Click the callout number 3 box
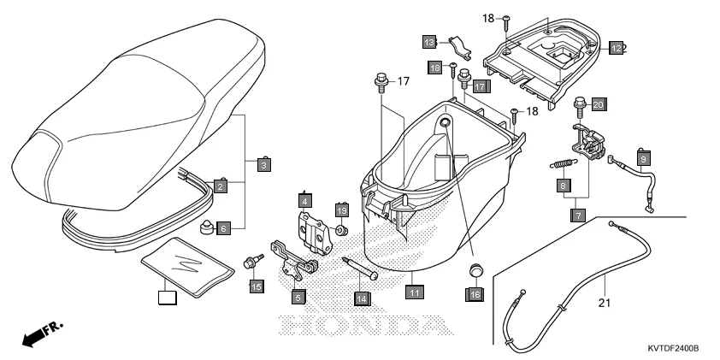pyautogui.click(x=264, y=164)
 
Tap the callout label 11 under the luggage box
pyautogui.click(x=414, y=292)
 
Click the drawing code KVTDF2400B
pyautogui.click(x=673, y=349)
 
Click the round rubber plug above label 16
pyautogui.click(x=475, y=272)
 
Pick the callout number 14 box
pyautogui.click(x=362, y=298)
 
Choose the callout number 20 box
pyautogui.click(x=599, y=103)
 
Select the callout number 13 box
pyautogui.click(x=431, y=41)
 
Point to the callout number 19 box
pyautogui.click(x=341, y=210)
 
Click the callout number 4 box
pyautogui.click(x=304, y=201)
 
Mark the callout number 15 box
pyautogui.click(x=256, y=286)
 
